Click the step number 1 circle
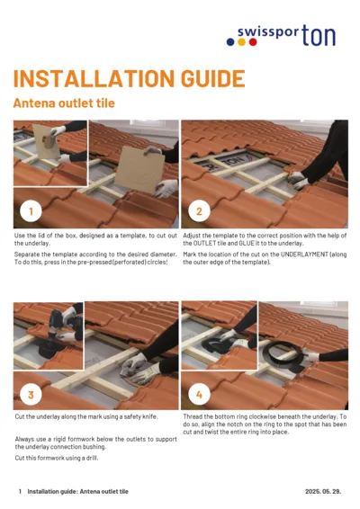coord(31,212)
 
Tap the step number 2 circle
coord(198,212)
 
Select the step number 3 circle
coord(31,395)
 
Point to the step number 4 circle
coord(198,395)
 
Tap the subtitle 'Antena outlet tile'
coord(63,103)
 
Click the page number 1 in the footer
coord(20,492)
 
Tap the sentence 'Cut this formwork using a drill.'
coord(56,458)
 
